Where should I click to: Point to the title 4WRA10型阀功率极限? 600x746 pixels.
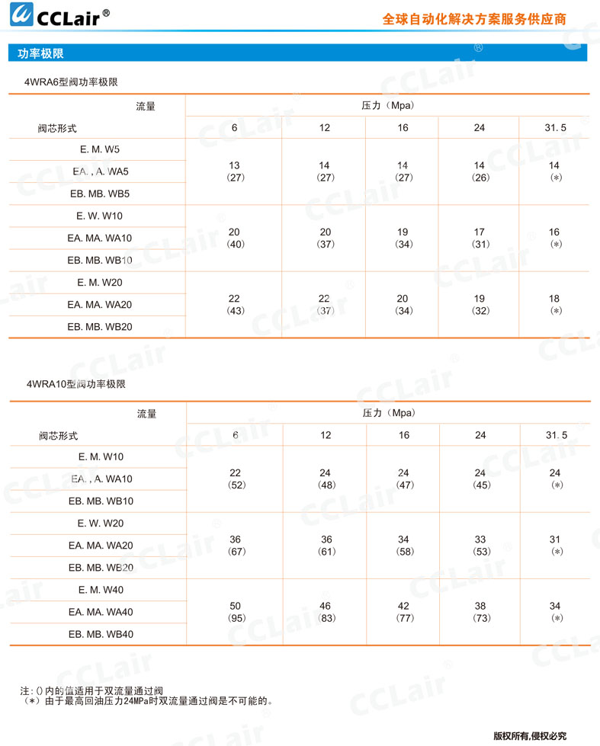pos(75,384)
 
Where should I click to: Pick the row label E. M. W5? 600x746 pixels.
pos(99,149)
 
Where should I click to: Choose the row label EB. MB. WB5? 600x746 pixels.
pos(99,194)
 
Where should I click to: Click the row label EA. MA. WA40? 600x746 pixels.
pos(100,612)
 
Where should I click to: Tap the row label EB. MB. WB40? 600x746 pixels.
pos(101,634)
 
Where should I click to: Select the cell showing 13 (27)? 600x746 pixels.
pos(234,171)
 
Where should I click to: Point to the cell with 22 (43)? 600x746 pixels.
pos(234,305)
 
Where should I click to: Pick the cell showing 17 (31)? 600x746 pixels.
pos(480,238)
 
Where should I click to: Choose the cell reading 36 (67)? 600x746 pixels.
pos(236,545)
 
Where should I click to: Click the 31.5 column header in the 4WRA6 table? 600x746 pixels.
pos(555,128)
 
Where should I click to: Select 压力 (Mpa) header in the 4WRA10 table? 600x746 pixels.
pos(388,414)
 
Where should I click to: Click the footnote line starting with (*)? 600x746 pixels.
pos(149,700)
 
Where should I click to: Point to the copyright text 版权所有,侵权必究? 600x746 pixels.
pos(530,736)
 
